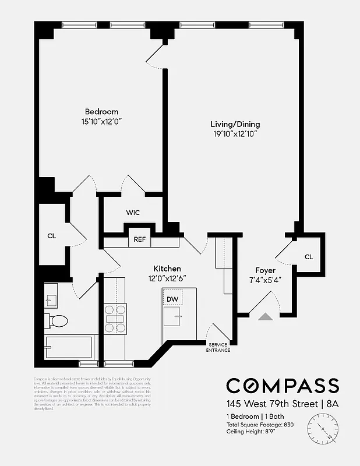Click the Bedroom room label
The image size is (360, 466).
(x=101, y=112)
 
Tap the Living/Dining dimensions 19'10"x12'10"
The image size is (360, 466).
(x=235, y=134)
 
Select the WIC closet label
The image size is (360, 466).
(x=133, y=213)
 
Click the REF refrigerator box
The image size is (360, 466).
(x=140, y=239)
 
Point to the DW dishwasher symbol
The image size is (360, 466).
(x=172, y=299)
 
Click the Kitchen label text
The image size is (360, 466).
(x=167, y=269)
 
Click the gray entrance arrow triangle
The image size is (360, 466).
(x=265, y=316)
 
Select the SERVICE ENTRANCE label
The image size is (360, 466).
(x=219, y=347)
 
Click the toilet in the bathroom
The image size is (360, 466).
(x=58, y=320)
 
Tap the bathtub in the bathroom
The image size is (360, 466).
(x=68, y=348)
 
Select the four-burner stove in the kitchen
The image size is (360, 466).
(x=115, y=319)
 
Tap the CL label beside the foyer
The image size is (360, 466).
(x=309, y=257)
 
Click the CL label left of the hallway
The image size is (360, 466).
(x=51, y=236)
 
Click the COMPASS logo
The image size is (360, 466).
(x=282, y=386)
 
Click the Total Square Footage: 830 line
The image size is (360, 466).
(x=260, y=425)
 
